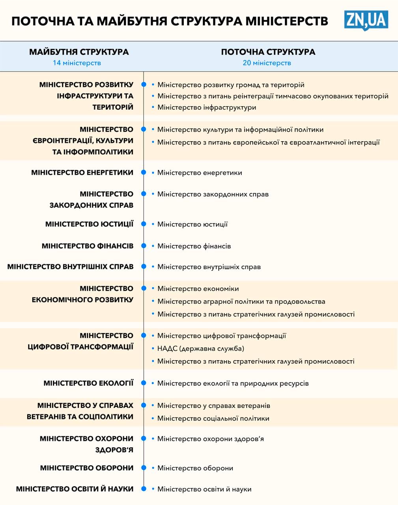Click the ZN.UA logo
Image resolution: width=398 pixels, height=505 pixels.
[366, 20]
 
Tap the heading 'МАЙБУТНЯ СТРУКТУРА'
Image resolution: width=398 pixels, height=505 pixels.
[79, 52]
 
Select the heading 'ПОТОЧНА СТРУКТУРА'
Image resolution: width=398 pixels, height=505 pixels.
[268, 52]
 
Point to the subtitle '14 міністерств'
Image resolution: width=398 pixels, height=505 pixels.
[77, 63]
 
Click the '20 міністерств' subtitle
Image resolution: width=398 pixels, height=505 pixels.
[267, 63]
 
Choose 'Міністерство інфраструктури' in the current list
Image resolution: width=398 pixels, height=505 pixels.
[207, 107]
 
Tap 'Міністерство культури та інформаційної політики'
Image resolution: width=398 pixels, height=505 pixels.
[240, 129]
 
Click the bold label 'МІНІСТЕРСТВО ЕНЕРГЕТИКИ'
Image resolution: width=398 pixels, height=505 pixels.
[82, 172]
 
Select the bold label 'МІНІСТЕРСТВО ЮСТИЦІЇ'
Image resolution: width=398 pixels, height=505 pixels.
[89, 224]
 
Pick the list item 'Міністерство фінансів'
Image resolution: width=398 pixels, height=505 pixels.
[194, 246]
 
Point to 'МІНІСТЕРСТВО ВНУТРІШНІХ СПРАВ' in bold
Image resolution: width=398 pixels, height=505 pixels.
[70, 267]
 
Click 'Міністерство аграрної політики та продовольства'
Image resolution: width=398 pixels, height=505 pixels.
[241, 301]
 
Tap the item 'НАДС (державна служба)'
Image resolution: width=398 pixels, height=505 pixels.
[201, 348]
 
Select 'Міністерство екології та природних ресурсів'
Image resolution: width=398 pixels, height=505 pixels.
[233, 383]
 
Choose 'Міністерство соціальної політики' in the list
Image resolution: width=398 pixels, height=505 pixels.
[213, 418]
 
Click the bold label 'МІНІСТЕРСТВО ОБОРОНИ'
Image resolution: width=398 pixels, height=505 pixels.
[87, 468]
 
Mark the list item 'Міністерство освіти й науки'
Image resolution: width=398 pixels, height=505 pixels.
[204, 489]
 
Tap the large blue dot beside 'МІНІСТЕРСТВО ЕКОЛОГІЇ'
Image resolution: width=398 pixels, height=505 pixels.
[144, 383]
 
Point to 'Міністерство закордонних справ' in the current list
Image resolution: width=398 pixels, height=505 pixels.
[213, 194]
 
